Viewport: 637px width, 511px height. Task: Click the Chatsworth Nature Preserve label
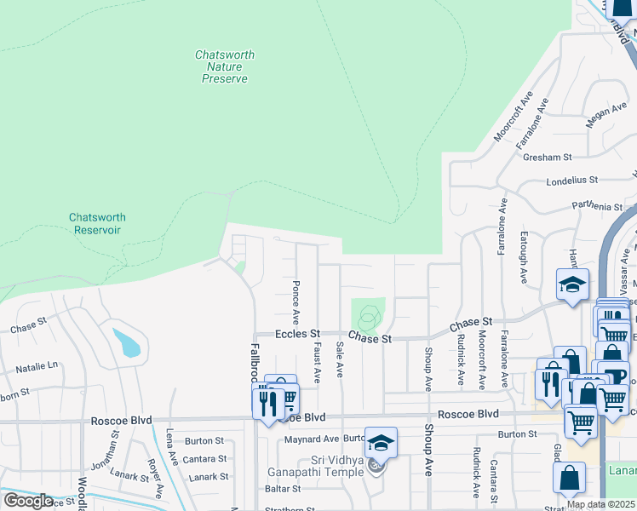point(225,66)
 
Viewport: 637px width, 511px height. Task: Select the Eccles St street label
point(296,335)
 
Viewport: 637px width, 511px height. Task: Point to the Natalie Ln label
point(37,367)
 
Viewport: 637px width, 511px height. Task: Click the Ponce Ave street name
point(296,302)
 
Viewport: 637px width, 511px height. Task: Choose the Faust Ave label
point(317,362)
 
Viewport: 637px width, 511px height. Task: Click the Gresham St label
point(548,158)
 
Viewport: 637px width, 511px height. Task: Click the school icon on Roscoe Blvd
point(382,441)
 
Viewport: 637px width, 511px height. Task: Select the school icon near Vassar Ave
point(572,284)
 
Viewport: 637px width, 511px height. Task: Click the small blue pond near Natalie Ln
point(128,342)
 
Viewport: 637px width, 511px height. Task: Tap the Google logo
point(27,501)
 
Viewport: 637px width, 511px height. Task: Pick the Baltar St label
point(283,489)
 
